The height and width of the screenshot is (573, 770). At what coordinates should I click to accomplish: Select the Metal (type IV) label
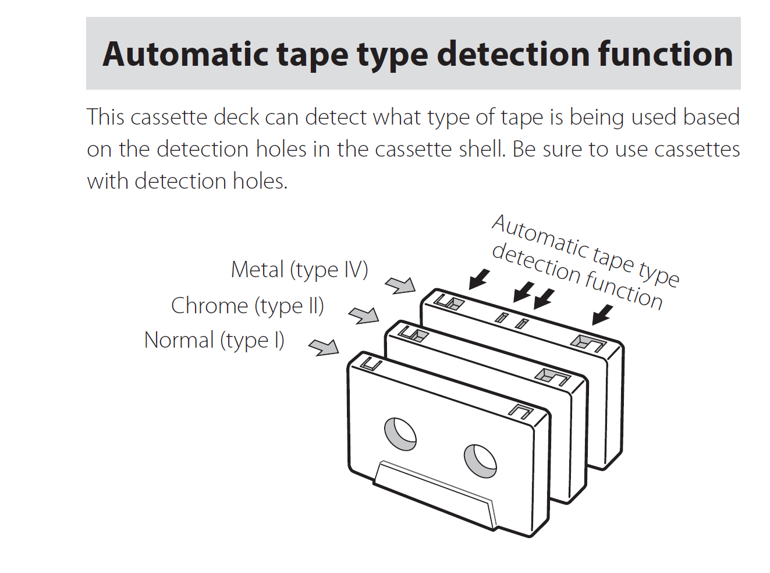coord(299,270)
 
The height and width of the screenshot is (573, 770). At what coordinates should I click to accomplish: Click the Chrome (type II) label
coord(247,306)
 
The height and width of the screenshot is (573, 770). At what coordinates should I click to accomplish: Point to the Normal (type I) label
coord(214,340)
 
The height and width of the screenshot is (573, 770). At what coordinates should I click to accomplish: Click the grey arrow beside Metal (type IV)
coord(400,285)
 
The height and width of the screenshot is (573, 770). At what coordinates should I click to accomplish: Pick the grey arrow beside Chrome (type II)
coord(364,315)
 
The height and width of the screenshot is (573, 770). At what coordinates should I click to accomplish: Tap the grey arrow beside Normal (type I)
coord(324,347)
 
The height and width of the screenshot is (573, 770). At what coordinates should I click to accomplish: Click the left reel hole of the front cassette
coord(400,434)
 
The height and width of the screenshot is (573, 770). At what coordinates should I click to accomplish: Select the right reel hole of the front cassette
coord(480,461)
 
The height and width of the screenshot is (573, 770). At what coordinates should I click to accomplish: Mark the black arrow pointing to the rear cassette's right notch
coord(602,314)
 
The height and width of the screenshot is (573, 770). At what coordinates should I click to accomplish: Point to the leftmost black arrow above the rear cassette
coord(479,279)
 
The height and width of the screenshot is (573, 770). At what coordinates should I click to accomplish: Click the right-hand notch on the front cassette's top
coord(520,412)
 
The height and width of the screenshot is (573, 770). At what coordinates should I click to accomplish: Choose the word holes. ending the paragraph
coord(260,181)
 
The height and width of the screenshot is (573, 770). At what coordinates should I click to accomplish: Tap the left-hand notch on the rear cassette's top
coord(449,302)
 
